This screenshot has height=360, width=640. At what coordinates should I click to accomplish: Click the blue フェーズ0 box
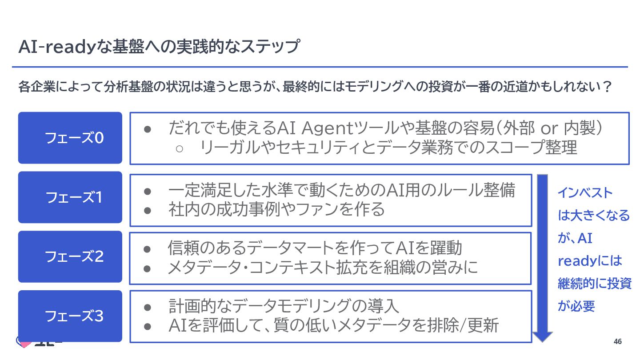70,138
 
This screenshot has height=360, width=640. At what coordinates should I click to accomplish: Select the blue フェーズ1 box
70,197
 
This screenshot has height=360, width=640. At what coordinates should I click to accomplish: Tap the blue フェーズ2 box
70,256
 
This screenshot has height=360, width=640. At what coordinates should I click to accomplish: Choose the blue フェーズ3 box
70,316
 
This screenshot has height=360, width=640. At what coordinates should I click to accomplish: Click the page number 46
617,341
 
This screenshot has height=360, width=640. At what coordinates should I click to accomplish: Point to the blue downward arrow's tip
542,340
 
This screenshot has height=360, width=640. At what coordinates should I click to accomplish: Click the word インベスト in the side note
585,193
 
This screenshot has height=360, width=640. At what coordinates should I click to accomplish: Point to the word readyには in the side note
590,260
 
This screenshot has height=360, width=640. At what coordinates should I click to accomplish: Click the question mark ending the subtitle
606,86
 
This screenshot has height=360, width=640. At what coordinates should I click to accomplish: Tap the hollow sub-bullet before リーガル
180,148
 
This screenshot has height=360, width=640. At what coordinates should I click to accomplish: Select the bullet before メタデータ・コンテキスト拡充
148,268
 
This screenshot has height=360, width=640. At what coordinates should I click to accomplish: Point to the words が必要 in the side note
576,306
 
